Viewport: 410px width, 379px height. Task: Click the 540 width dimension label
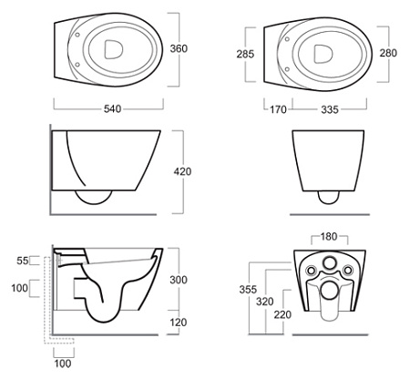click(112, 108)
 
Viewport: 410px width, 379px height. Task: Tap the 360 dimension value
click(179, 48)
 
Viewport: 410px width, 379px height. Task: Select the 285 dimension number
click(245, 54)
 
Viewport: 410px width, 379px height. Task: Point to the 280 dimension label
click(388, 53)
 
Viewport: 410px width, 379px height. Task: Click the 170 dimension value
click(278, 109)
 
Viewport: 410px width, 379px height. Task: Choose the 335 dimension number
click(330, 109)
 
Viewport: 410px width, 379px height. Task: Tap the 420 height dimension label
click(182, 171)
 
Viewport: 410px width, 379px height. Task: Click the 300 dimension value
click(179, 280)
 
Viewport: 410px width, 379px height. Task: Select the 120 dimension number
click(179, 323)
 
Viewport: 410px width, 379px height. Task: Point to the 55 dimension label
click(23, 261)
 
